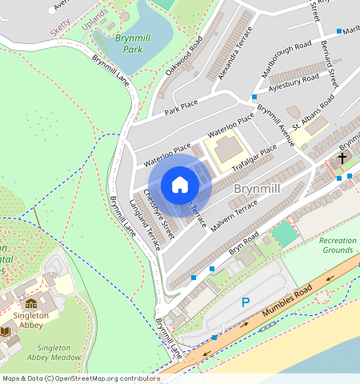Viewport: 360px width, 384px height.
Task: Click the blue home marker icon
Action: click(x=180, y=185)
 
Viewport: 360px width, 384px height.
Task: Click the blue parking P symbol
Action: click(x=246, y=302)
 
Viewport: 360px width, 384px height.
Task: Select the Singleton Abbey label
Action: click(x=30, y=321)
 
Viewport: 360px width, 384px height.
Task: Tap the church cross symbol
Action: click(x=342, y=158)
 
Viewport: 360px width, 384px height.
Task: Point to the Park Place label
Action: click(x=181, y=107)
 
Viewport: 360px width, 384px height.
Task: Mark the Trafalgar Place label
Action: click(x=254, y=158)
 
